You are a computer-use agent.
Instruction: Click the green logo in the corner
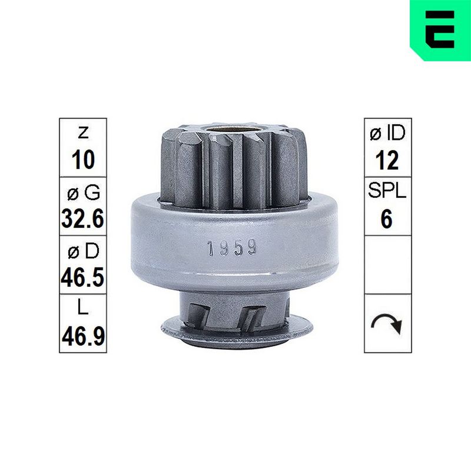pyautogui.click(x=440, y=30)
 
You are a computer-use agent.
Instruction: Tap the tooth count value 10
pyautogui.click(x=83, y=160)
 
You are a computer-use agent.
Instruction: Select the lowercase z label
pyautogui.click(x=83, y=132)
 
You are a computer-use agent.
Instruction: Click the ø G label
pyautogui.click(x=83, y=193)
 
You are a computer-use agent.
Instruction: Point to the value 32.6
pyautogui.click(x=83, y=218)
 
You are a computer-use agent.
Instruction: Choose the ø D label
pyautogui.click(x=83, y=251)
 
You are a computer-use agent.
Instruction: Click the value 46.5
pyautogui.click(x=83, y=277)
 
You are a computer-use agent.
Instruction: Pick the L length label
pyautogui.click(x=83, y=307)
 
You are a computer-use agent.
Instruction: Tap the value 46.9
pyautogui.click(x=83, y=336)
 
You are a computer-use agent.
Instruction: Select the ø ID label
pyautogui.click(x=388, y=133)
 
